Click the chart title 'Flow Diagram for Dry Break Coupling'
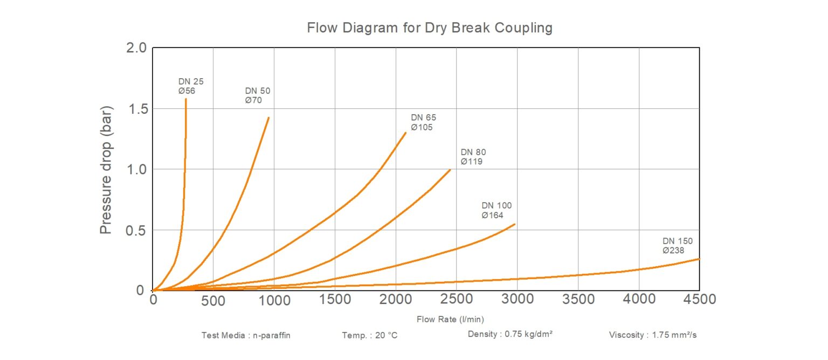coord(430,27)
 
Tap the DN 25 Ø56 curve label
coord(191,86)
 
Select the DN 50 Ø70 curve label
coord(257,95)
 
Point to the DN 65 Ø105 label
coord(423,122)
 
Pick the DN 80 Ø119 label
coord(473,157)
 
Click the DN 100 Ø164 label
coord(496,210)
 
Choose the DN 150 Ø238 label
coord(678,246)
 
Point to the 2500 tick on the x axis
coord(456,299)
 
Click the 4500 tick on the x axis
coord(699,299)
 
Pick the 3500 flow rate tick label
coord(577,299)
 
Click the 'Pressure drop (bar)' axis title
coord(106,169)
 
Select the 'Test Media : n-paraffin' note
coord(246,335)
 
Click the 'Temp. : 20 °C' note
coord(369,335)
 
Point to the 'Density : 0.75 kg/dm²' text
coord(510,334)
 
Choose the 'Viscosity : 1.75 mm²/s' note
coord(653,335)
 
